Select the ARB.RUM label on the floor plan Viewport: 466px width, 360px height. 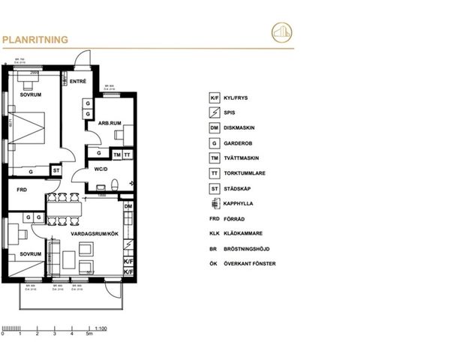click(x=100, y=124)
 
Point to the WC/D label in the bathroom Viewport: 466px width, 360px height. click(x=101, y=169)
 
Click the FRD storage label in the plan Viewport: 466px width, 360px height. click(x=22, y=190)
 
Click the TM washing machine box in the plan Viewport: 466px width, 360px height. click(x=117, y=154)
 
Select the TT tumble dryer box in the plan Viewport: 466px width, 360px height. click(x=128, y=154)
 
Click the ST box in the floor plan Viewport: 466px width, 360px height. click(x=56, y=171)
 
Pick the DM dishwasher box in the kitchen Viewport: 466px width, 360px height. click(x=128, y=206)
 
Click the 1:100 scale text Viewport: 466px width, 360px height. click(x=103, y=327)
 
